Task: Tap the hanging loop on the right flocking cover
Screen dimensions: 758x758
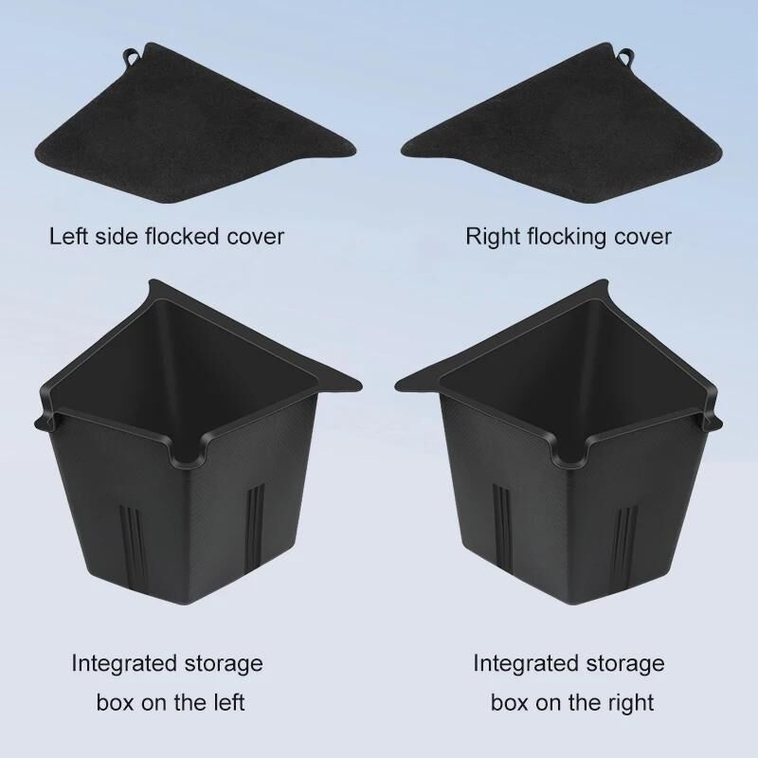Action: click(625, 56)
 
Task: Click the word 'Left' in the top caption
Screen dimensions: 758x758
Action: click(69, 236)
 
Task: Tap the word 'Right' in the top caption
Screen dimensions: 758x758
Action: click(493, 237)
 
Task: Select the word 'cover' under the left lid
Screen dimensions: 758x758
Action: click(256, 237)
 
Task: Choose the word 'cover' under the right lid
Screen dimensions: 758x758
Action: click(642, 237)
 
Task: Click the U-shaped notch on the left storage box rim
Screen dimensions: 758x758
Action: click(189, 455)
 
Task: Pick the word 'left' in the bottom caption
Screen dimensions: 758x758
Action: click(226, 702)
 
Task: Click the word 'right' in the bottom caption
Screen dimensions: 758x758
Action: click(629, 703)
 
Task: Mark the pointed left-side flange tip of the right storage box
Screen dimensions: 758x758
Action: click(397, 386)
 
